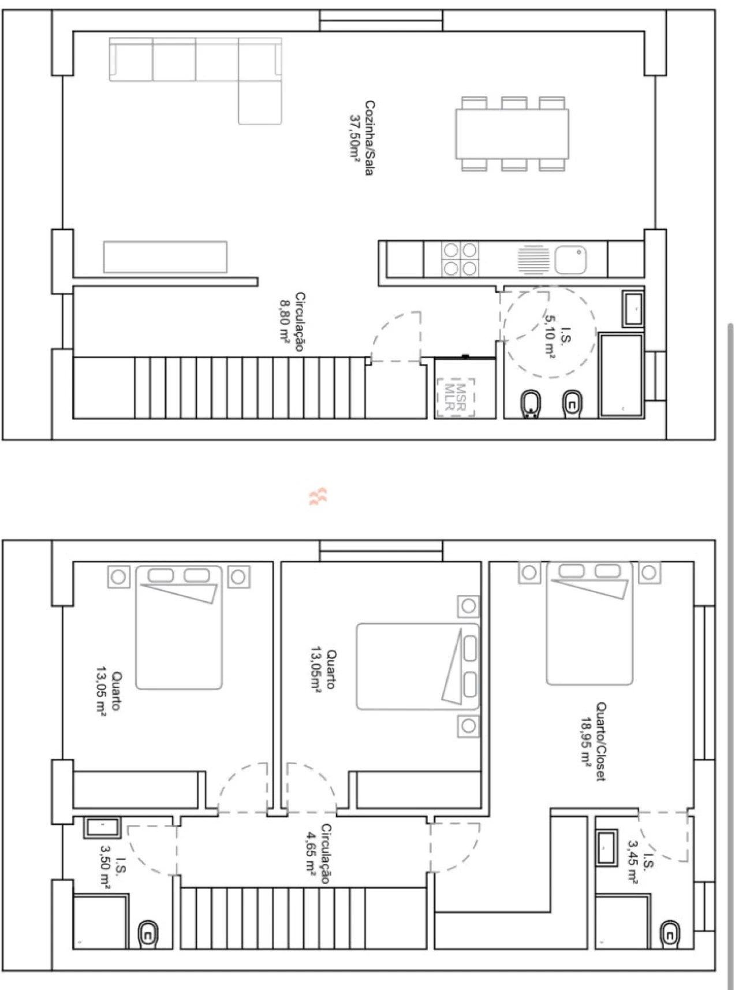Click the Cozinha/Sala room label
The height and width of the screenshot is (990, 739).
point(369,139)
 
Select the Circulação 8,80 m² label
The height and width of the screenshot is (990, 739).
point(293,322)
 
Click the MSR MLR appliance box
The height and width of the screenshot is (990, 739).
point(456,397)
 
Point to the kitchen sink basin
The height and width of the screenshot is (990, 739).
point(571,259)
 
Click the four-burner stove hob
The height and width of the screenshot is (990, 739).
point(460,259)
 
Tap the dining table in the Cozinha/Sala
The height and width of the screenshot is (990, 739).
point(512,134)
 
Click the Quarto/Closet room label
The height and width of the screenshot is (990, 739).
point(601,742)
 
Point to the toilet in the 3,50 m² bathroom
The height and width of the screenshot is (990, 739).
point(148,934)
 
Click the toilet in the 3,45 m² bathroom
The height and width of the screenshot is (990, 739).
point(670,933)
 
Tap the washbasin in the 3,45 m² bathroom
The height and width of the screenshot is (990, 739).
point(607,848)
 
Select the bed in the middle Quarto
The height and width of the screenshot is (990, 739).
point(418,666)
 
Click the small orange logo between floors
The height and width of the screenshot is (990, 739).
point(318,496)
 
